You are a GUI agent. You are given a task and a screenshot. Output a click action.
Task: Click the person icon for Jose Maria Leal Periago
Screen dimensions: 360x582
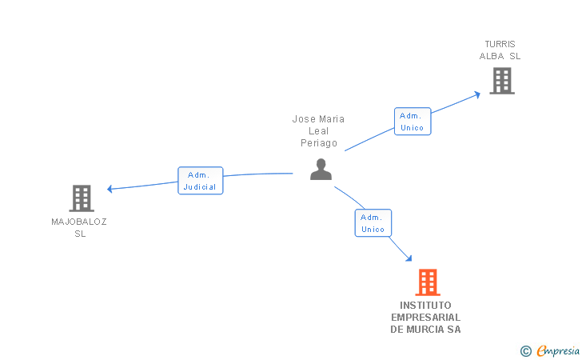click(x=321, y=170)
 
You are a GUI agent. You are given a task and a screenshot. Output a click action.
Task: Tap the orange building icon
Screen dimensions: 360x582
click(x=428, y=282)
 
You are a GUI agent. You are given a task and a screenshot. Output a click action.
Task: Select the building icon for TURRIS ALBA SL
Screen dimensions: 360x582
click(x=501, y=81)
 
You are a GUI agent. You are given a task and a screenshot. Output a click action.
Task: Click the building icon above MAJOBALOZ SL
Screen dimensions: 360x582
click(x=82, y=198)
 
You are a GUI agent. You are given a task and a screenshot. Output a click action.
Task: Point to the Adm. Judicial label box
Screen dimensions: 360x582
click(x=200, y=181)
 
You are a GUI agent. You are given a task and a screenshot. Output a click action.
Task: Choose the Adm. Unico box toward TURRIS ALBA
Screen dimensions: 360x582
click(x=413, y=122)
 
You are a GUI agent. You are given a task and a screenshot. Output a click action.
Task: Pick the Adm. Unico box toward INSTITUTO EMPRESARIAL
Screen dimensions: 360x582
click(x=373, y=223)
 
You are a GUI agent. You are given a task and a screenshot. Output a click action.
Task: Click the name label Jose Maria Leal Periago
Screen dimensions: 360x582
click(x=319, y=131)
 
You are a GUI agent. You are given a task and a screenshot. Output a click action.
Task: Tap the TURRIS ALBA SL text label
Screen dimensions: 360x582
click(x=500, y=50)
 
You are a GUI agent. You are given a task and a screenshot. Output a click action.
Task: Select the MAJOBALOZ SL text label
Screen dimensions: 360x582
click(x=79, y=227)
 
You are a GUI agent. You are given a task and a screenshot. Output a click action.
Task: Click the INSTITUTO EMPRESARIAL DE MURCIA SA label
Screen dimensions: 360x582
click(x=426, y=318)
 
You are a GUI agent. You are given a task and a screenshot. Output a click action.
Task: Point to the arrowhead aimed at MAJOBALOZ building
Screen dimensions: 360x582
click(x=110, y=189)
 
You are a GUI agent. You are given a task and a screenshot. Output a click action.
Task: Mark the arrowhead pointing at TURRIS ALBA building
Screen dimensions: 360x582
click(x=477, y=94)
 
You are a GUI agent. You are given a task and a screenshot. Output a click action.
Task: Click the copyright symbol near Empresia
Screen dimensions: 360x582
click(x=525, y=350)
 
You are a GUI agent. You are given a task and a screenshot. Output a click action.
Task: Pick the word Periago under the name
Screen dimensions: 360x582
click(x=319, y=144)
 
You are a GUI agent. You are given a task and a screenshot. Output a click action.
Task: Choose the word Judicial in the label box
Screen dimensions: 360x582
click(x=200, y=187)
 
